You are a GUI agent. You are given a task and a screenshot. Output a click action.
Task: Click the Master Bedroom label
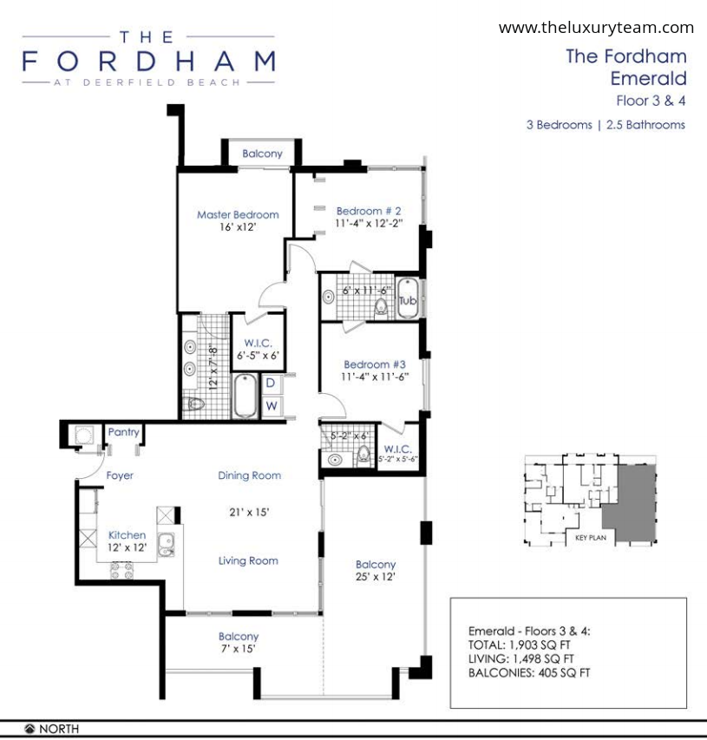click(x=238, y=215)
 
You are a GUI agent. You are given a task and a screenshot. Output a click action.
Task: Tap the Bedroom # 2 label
click(x=369, y=211)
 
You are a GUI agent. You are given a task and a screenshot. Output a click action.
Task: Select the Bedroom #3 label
click(x=375, y=364)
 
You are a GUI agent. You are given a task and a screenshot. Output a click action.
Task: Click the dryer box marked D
click(x=271, y=383)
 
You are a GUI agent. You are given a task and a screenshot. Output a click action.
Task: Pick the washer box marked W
click(x=271, y=406)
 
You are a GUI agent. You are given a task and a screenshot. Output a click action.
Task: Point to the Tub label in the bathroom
click(x=408, y=301)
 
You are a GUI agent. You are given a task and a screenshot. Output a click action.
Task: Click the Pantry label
click(x=124, y=432)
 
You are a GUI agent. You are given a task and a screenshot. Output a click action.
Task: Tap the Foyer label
click(x=120, y=475)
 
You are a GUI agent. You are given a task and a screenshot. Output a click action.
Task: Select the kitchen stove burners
click(x=121, y=571)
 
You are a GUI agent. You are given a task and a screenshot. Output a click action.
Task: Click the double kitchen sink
click(x=166, y=545)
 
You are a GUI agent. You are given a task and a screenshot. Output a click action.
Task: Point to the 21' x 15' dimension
click(x=249, y=512)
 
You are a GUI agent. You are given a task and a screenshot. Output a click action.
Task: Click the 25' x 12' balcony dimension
click(x=376, y=576)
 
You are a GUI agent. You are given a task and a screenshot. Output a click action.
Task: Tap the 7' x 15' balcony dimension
click(x=239, y=648)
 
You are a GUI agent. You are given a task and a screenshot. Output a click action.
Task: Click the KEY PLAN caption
click(x=591, y=538)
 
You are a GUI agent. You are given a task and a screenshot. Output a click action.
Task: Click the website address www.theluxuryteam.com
click(x=596, y=28)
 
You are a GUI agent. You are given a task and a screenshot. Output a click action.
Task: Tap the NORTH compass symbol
click(x=29, y=729)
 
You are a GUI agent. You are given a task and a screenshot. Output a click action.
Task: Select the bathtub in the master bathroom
click(x=245, y=396)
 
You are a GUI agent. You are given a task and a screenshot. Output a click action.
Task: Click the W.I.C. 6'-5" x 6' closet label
click(x=259, y=350)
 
